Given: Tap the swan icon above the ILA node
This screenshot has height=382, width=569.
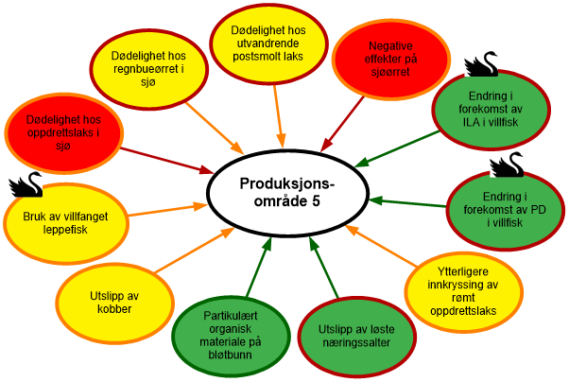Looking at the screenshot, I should coord(483,62).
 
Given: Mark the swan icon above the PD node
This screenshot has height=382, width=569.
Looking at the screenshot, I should coord(507,163).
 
